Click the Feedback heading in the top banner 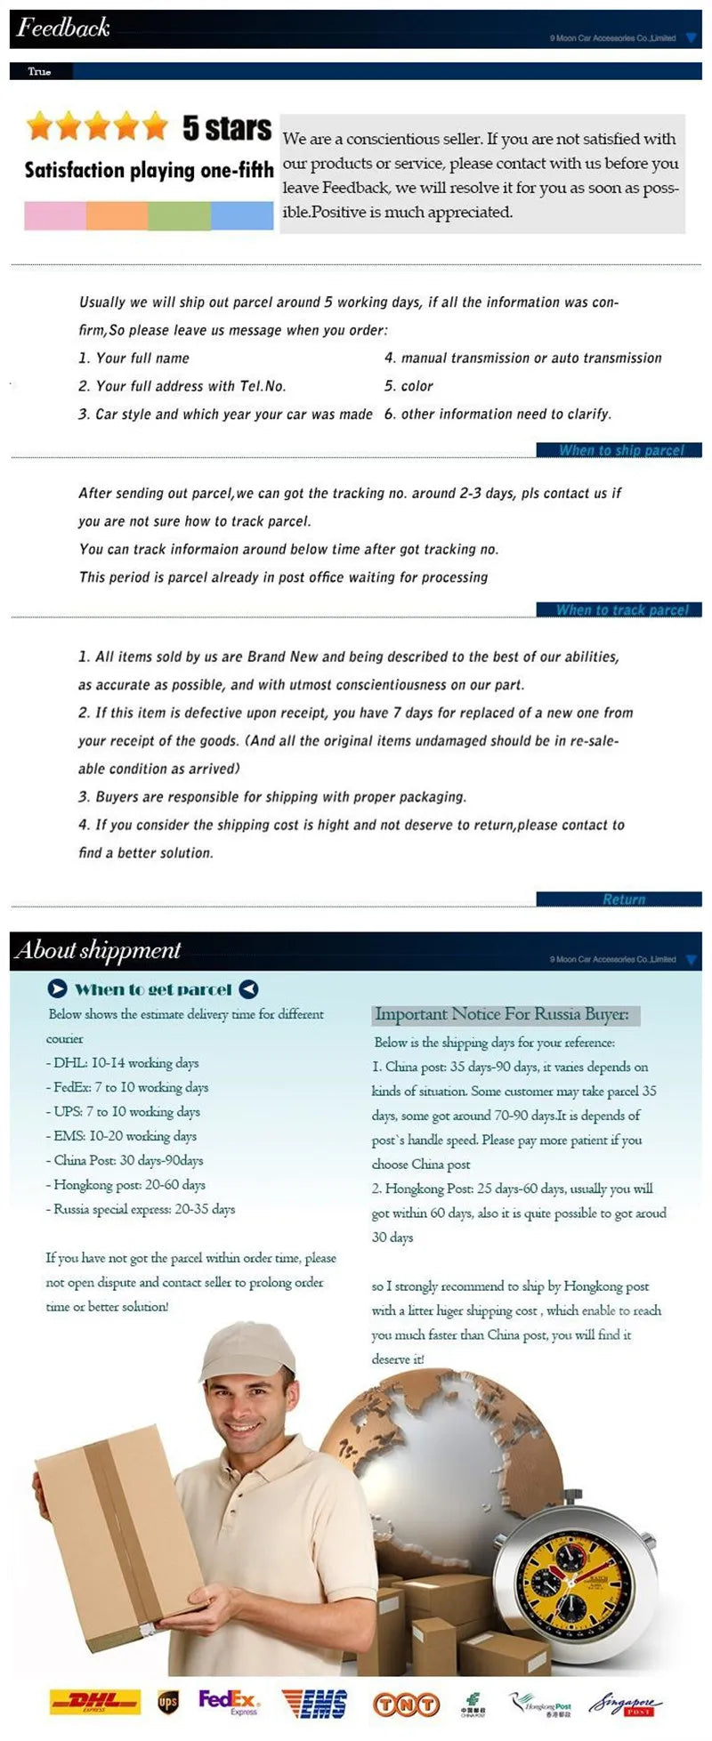[63, 28]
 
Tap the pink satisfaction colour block [55, 215]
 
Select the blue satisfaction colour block [242, 215]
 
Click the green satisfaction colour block [180, 215]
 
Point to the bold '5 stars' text [227, 128]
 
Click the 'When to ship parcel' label [620, 450]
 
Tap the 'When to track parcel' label [621, 609]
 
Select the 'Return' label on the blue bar [623, 899]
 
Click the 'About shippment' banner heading [98, 950]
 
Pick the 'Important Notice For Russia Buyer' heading [502, 1014]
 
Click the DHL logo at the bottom [95, 1702]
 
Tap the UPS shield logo [167, 1702]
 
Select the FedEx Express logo [229, 1702]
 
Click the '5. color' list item [409, 386]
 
